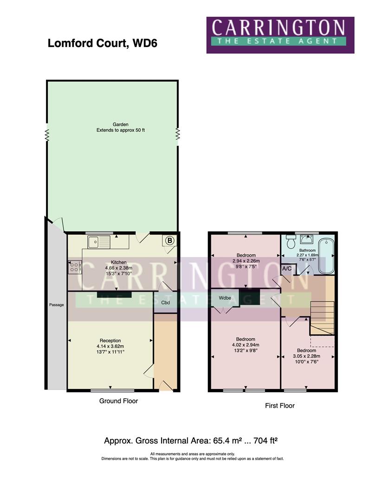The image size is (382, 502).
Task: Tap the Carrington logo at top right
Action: [x=280, y=35]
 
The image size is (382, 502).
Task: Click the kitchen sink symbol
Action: [x=99, y=241]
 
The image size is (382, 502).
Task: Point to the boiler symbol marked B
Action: [x=170, y=240]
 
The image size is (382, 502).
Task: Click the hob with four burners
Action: [x=75, y=267]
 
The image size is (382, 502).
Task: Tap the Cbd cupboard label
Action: [x=165, y=303]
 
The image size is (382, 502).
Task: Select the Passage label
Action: [x=56, y=305]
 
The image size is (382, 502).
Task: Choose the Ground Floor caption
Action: [x=118, y=401]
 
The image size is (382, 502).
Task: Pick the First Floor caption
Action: [x=279, y=405]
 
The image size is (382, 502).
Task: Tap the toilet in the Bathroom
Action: [x=291, y=242]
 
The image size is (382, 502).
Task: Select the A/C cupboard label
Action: [x=287, y=269]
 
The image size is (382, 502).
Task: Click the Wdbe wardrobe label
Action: [x=225, y=298]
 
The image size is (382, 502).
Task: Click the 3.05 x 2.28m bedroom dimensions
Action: [x=306, y=357]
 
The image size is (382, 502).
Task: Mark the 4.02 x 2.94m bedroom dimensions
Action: [x=246, y=345]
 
